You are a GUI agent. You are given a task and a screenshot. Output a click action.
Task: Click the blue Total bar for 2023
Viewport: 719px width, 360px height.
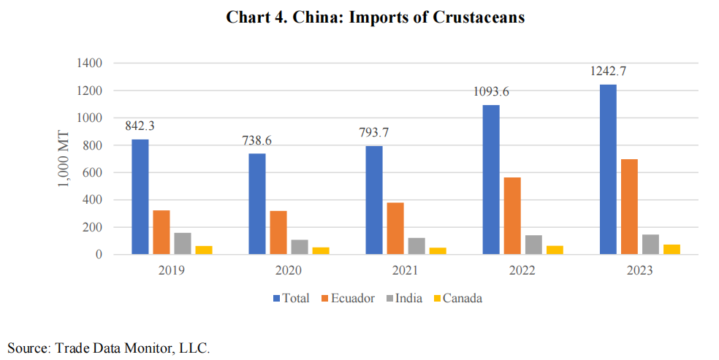[608, 169]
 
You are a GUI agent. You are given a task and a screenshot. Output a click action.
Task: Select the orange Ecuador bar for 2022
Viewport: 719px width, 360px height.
[512, 216]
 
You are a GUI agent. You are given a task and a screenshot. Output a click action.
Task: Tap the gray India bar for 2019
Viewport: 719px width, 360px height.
[182, 243]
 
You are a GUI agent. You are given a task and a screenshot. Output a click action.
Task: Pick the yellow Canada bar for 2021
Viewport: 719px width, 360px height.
[438, 250]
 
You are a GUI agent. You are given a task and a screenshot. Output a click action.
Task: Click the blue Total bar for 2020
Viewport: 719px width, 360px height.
[256, 204]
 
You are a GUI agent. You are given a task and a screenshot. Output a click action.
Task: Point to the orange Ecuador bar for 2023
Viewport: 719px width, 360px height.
[629, 207]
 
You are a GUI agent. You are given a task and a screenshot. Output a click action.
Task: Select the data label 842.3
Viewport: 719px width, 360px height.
[140, 126]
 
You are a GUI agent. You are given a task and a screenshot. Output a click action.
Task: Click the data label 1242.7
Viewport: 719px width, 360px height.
[607, 72]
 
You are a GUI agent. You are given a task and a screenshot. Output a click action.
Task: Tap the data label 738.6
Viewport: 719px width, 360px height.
[256, 140]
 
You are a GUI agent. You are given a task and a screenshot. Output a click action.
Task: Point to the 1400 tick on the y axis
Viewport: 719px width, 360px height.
[88, 64]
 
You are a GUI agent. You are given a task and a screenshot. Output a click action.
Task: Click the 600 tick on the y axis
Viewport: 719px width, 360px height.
[91, 172]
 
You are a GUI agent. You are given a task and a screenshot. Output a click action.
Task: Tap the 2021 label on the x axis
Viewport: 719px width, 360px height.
[405, 270]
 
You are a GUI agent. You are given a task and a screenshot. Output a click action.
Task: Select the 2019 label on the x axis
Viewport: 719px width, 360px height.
[171, 270]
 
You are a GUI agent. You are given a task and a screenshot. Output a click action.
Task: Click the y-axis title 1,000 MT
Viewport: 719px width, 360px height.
[64, 159]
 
